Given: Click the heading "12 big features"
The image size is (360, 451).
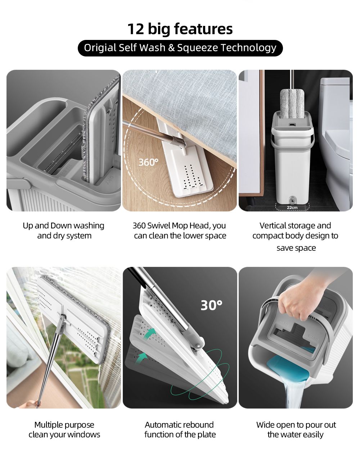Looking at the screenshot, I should [x=180, y=29].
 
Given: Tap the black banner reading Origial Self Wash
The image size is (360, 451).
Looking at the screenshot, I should [x=180, y=48].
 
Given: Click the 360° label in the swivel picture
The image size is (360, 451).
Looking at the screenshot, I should [x=148, y=162].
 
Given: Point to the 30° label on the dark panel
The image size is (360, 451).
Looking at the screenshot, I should [x=211, y=305].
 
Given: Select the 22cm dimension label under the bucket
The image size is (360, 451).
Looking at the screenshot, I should [x=292, y=208].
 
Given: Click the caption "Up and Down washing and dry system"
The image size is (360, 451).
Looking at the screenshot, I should [x=64, y=231].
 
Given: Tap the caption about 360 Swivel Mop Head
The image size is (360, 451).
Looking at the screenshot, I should [x=180, y=231].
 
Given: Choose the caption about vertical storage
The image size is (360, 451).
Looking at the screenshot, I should [x=296, y=236].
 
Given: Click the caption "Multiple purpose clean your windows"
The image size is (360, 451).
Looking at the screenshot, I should [x=64, y=429].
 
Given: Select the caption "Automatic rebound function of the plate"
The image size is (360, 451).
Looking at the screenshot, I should [x=180, y=429].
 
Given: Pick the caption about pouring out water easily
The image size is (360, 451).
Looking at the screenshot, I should [x=296, y=429].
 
